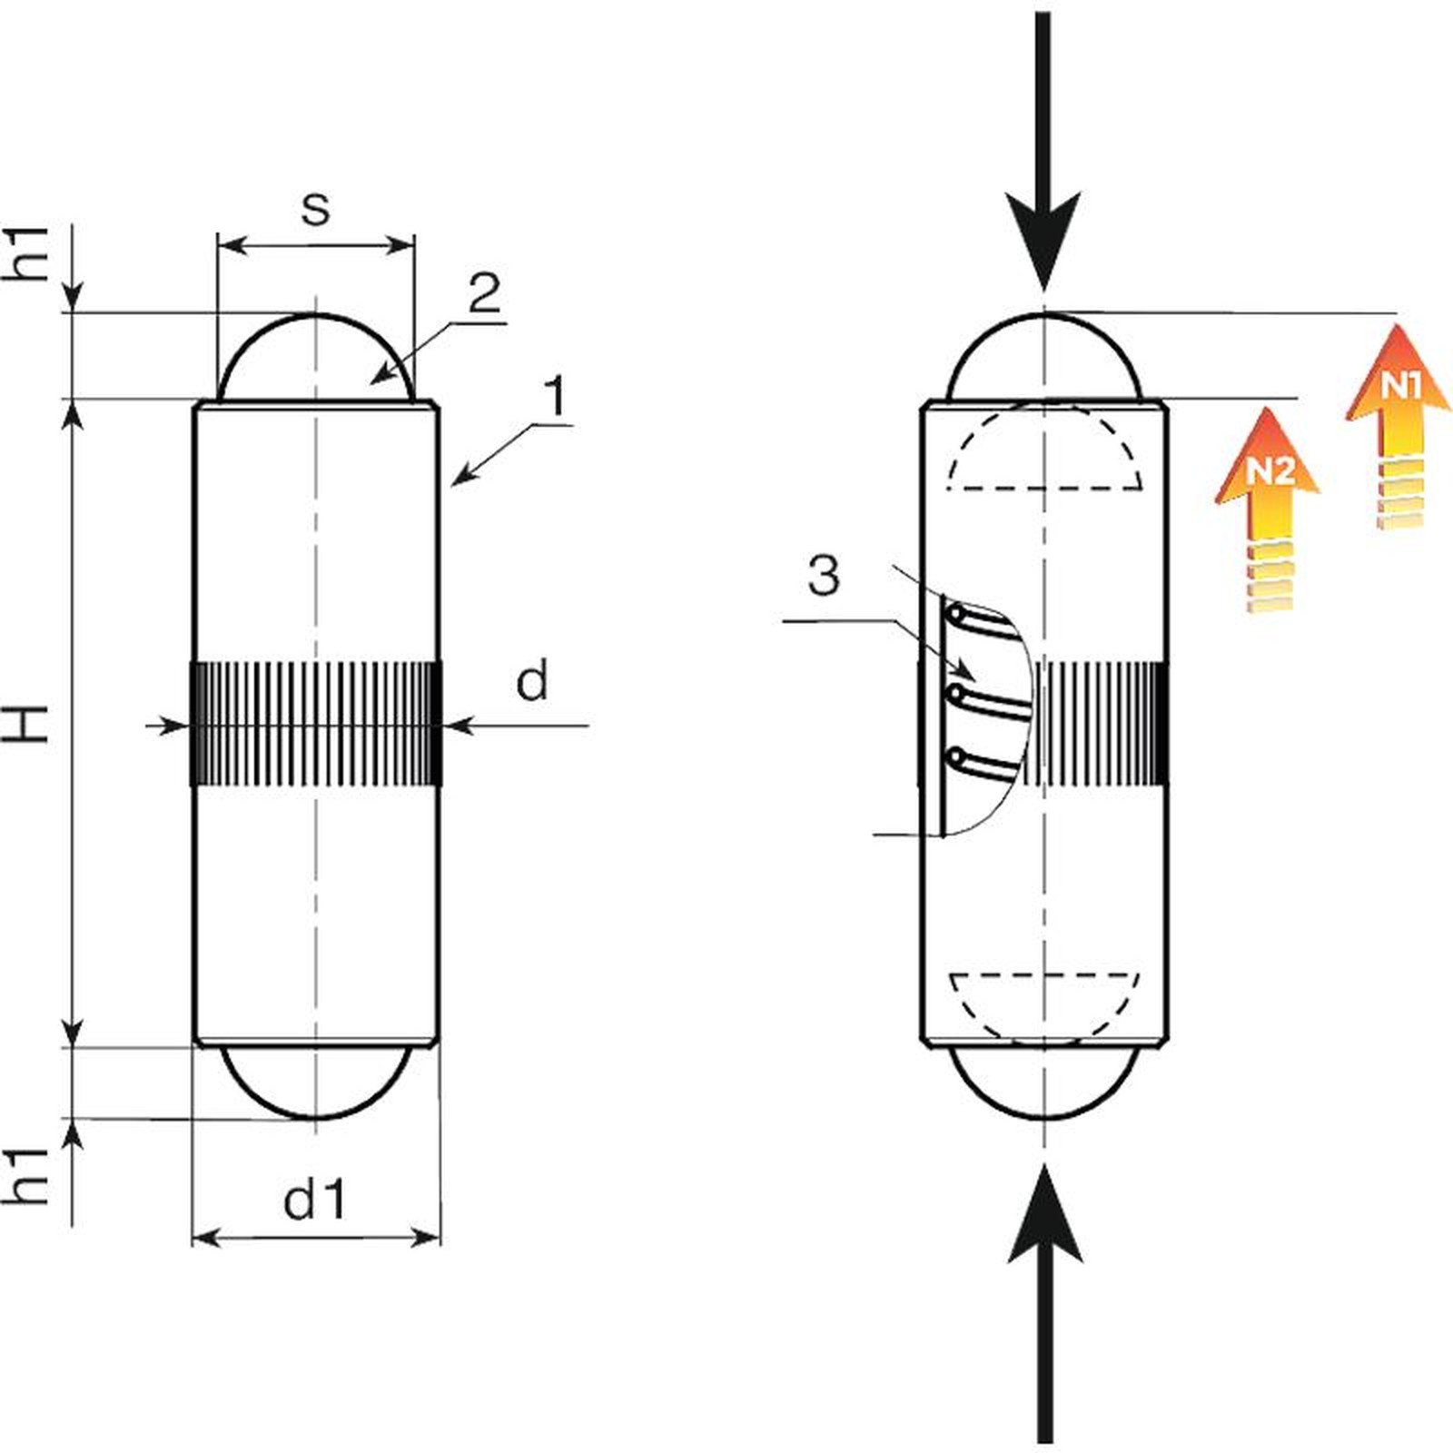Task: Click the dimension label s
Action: (314, 210)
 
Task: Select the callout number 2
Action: (484, 293)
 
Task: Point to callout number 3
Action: (824, 576)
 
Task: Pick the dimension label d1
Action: (315, 1201)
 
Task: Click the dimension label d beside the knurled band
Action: (532, 680)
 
